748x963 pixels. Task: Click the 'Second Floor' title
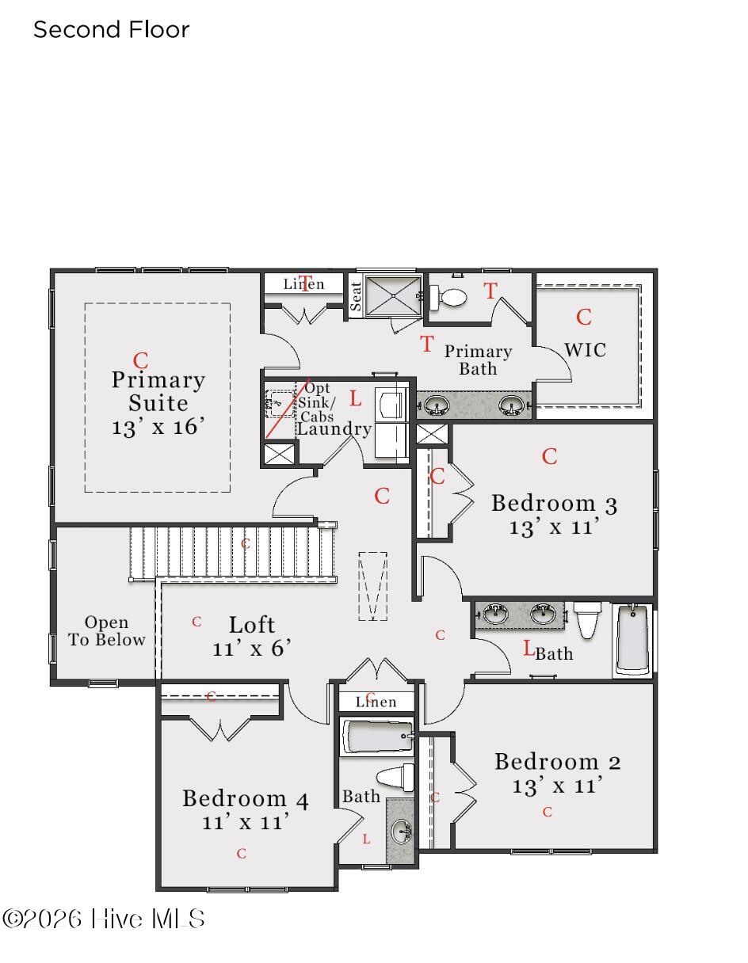pyautogui.click(x=111, y=29)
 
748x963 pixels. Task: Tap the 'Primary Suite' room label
pyautogui.click(x=158, y=391)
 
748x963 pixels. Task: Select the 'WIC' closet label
pyautogui.click(x=585, y=350)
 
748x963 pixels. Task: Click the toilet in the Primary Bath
pyautogui.click(x=448, y=297)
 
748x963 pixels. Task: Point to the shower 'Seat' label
pyautogui.click(x=355, y=296)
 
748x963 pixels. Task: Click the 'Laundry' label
pyautogui.click(x=334, y=429)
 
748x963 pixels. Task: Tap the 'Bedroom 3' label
pyautogui.click(x=554, y=504)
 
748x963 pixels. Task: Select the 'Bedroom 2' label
pyautogui.click(x=557, y=762)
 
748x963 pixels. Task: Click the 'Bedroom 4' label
pyautogui.click(x=245, y=798)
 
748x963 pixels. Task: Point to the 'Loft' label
pyautogui.click(x=252, y=625)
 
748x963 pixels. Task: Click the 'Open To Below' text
pyautogui.click(x=106, y=630)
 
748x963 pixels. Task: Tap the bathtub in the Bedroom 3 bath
pyautogui.click(x=632, y=639)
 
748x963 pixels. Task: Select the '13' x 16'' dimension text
pyautogui.click(x=158, y=426)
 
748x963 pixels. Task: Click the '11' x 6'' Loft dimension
pyautogui.click(x=251, y=649)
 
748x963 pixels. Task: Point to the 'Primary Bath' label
pyautogui.click(x=478, y=360)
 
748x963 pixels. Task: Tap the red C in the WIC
pyautogui.click(x=583, y=318)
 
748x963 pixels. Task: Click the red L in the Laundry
pyautogui.click(x=355, y=398)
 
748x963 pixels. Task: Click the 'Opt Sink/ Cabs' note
pyautogui.click(x=316, y=402)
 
